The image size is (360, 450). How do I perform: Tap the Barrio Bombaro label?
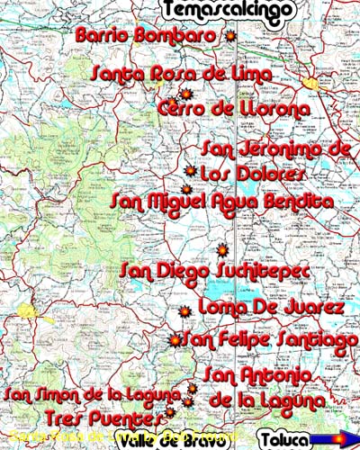[148, 36]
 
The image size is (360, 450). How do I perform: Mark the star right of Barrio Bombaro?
[230, 36]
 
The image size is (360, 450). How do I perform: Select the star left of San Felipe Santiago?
[175, 340]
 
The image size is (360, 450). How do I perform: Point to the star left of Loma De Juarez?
[185, 311]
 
